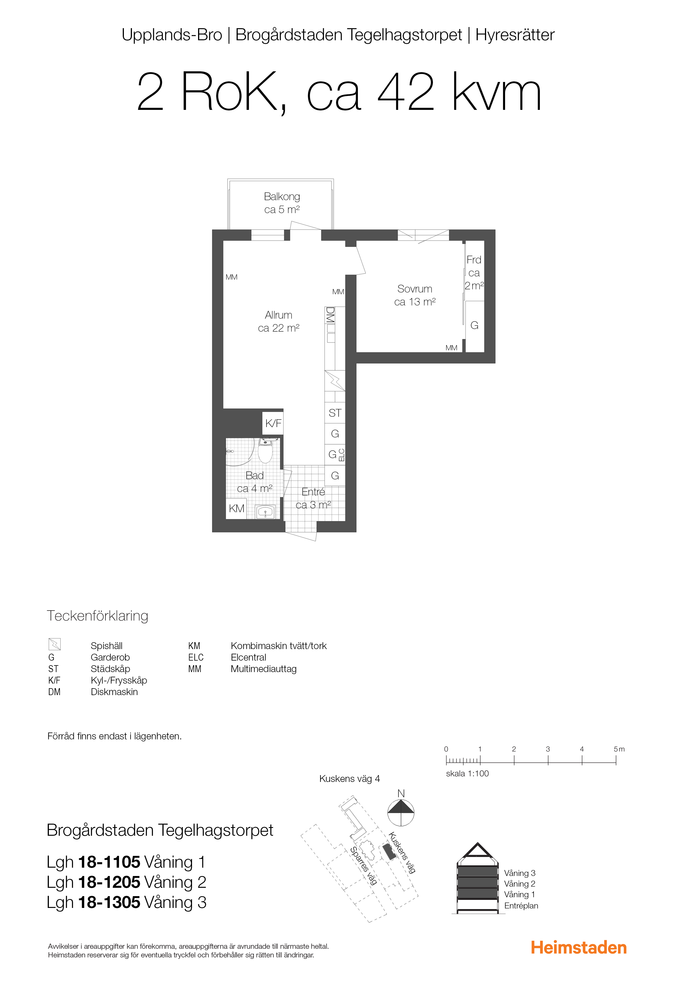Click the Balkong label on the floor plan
tap(282, 197)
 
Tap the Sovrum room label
tap(415, 289)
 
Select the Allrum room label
tap(279, 315)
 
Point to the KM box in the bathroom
tap(237, 508)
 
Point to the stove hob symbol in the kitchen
tap(335, 380)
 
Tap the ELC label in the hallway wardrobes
tap(341, 455)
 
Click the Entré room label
tap(314, 492)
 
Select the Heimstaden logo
tap(579, 948)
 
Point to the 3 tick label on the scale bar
tap(548, 749)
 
